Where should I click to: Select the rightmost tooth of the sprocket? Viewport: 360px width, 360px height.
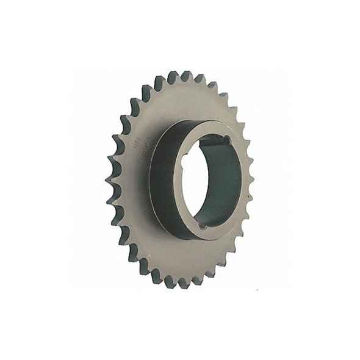pyautogui.click(x=250, y=177)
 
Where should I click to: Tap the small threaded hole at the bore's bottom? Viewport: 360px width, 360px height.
pyautogui.click(x=205, y=226)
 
